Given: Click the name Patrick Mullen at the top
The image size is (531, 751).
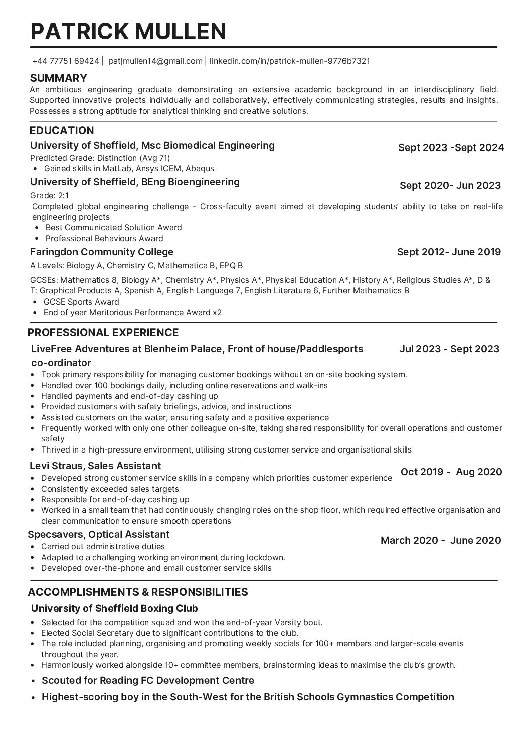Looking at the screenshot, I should pos(128,31).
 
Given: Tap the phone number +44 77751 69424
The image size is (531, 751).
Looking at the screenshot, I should pos(65,61).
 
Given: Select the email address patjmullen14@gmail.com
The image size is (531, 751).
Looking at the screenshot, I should pos(155,61).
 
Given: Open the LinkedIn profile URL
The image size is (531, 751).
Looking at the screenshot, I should pos(289,61).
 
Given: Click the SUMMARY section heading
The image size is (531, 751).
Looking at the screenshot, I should pos(59,78).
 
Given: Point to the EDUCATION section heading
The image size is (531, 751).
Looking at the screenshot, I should pos(62,131).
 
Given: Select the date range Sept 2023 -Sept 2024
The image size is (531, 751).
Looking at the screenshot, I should pos(451,147).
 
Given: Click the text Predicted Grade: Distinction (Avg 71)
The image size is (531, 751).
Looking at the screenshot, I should pos(100,158).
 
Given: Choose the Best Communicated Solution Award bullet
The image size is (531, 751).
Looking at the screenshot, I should pos(113,227).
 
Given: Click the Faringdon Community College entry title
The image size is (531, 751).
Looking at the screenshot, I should pos(102,252).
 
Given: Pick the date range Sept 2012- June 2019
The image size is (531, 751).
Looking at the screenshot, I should pos(449,252).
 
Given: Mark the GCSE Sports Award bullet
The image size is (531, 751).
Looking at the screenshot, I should pos(81,302).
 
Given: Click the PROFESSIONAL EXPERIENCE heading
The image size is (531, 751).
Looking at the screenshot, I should pos(103,332).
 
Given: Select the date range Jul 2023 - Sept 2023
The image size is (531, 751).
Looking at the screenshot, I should pos(449,349).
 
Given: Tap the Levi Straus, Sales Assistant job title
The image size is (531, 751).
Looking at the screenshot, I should pos(95,466).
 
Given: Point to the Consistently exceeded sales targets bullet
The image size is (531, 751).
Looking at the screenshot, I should pos(110,489).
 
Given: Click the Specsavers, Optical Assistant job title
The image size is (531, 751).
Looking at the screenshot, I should pos(99,534).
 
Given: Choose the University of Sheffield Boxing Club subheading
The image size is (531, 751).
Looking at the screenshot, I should pos(114,608).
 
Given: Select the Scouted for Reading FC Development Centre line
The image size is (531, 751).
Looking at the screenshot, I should pos(148,680).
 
